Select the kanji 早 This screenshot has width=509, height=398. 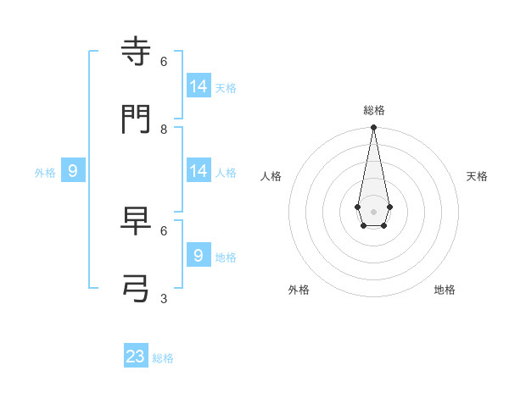(137, 221)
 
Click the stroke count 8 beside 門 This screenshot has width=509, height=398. (164, 129)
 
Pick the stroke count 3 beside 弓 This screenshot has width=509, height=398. (164, 298)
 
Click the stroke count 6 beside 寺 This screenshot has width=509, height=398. (164, 61)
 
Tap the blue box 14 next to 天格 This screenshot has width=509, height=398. (199, 86)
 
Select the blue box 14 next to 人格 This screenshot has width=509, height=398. (199, 170)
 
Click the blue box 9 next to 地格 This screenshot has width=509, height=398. (199, 255)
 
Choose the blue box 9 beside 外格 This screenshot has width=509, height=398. (73, 170)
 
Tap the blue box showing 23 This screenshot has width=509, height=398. (136, 357)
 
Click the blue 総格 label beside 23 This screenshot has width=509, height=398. (163, 358)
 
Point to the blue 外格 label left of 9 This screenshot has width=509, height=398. (45, 173)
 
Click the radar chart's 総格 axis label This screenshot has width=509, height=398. (374, 110)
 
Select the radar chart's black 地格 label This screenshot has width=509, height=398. (445, 290)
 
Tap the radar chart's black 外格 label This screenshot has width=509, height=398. (299, 290)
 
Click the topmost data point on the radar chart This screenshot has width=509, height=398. (373, 128)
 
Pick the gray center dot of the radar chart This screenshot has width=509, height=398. (373, 211)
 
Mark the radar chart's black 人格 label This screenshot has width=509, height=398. (271, 176)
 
